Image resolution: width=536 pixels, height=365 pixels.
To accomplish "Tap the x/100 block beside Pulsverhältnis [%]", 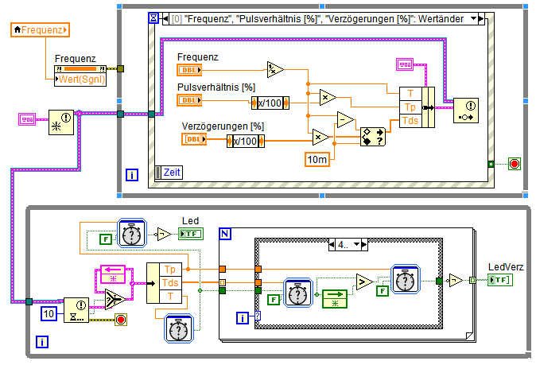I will (x=270, y=101).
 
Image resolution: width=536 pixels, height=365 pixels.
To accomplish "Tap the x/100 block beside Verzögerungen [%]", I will (x=246, y=140).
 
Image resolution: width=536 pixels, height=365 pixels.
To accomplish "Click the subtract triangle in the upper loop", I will (x=344, y=120).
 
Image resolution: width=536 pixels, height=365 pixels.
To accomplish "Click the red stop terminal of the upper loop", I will (x=514, y=164).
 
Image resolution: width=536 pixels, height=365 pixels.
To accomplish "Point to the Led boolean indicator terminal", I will (x=191, y=233).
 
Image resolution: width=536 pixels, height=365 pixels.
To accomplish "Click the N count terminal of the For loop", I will (x=225, y=234).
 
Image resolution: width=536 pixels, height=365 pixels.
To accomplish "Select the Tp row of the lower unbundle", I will (x=170, y=269).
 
